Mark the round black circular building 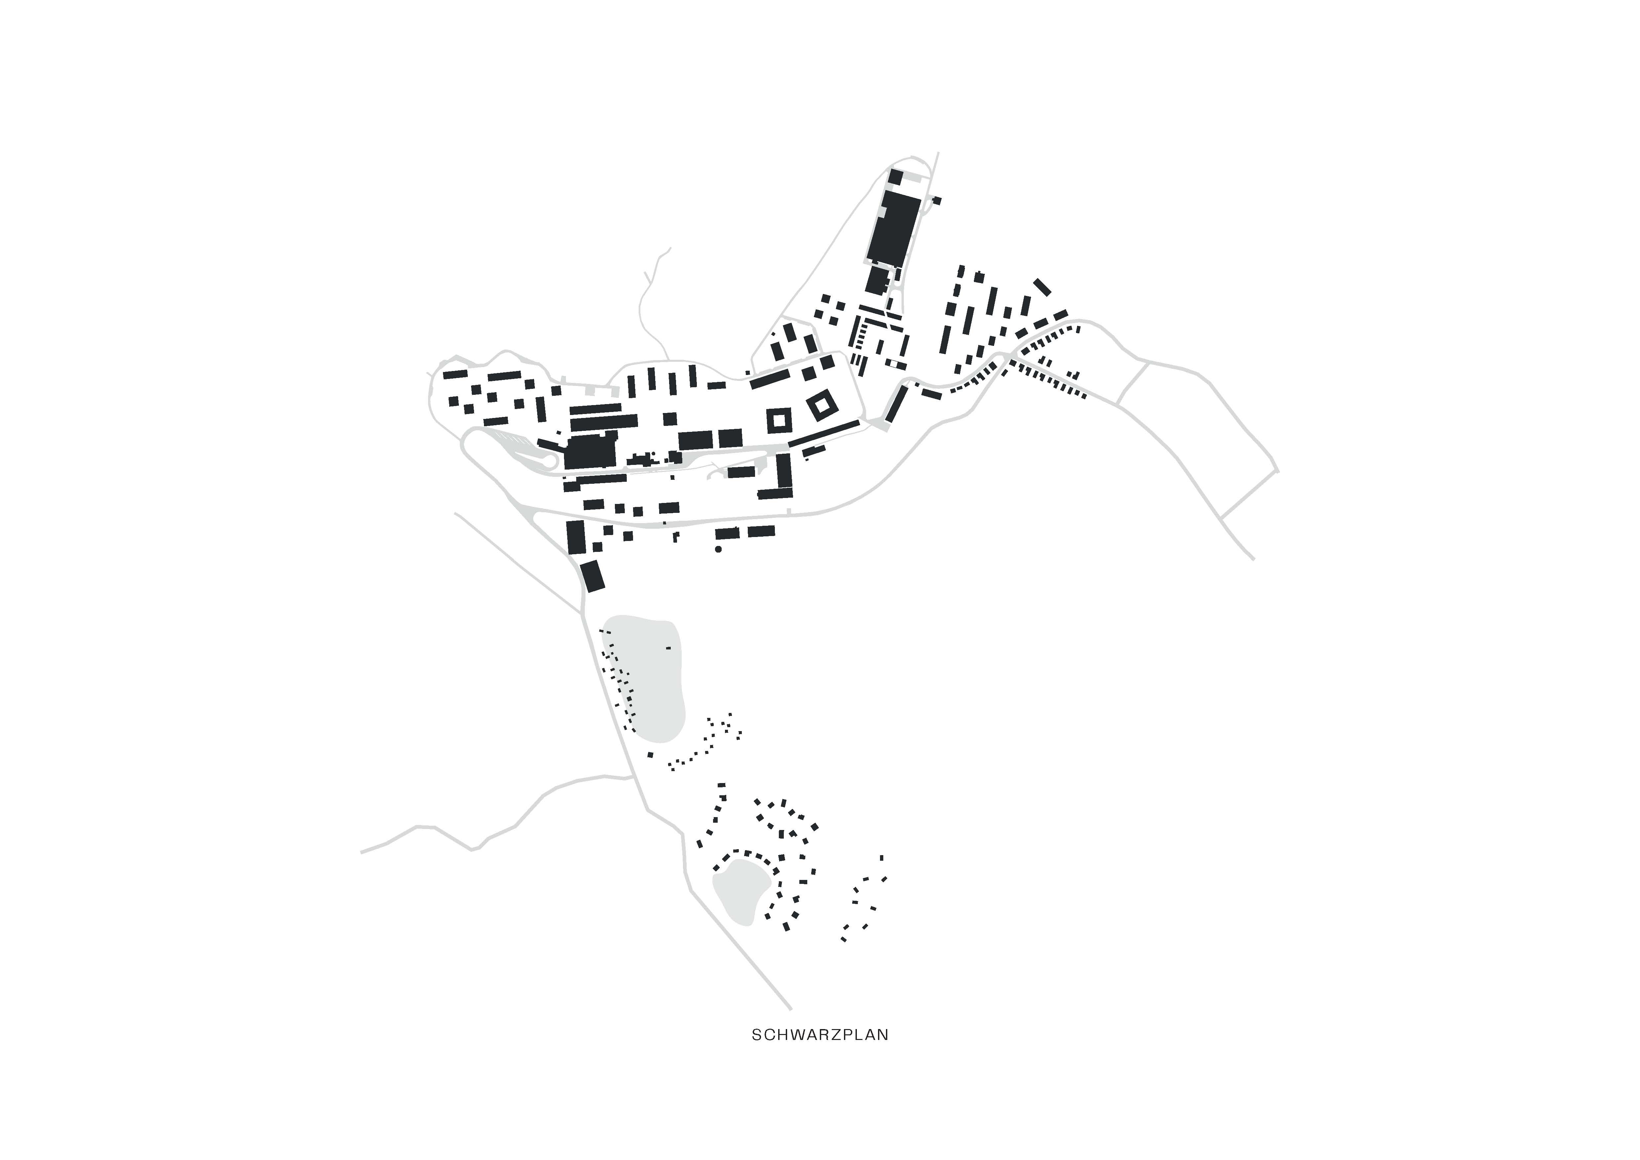718,549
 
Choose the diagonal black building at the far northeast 1042,286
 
